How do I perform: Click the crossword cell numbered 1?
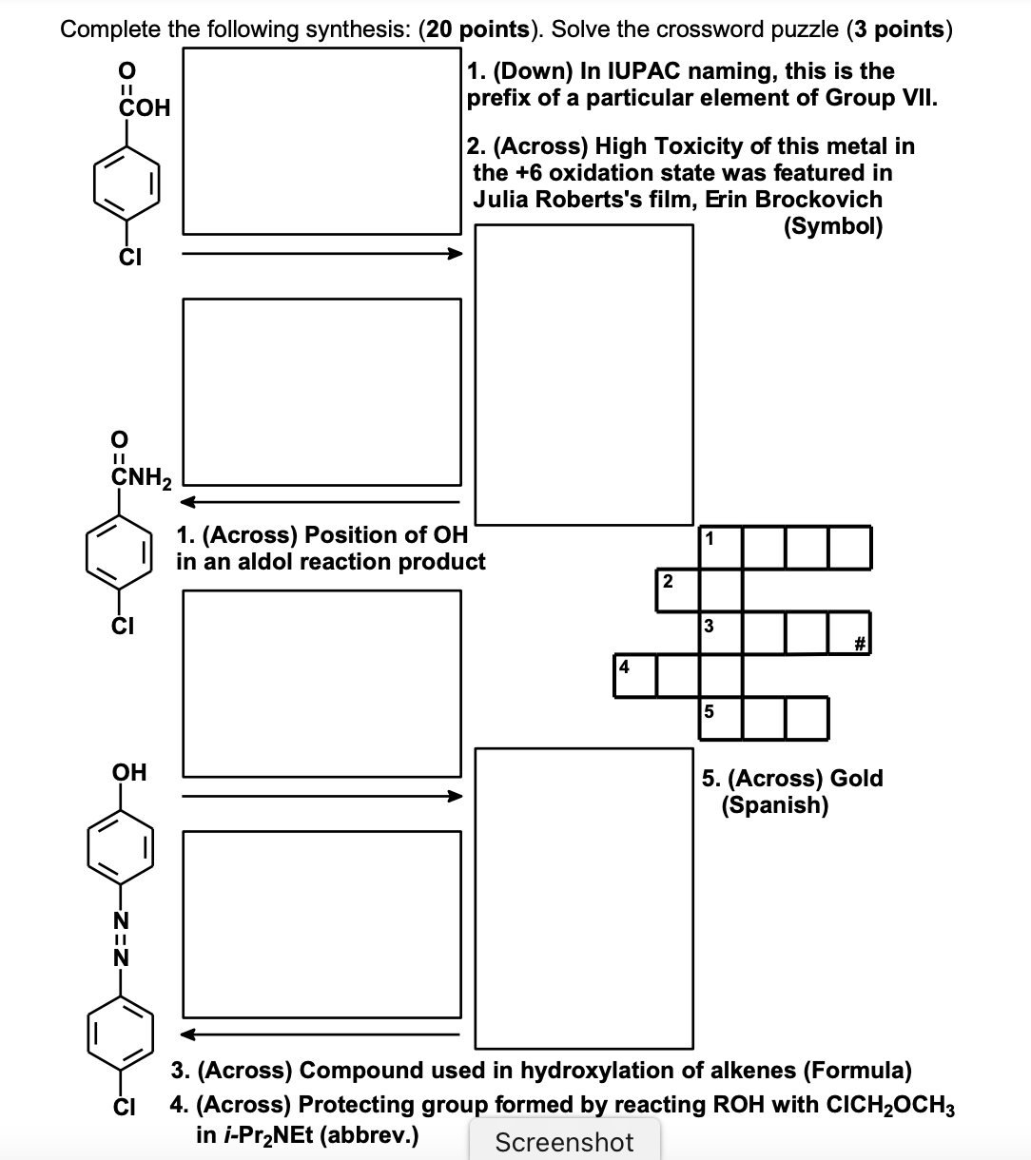[x=720, y=548]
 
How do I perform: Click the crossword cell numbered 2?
[x=677, y=590]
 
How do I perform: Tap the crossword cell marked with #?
[x=849, y=633]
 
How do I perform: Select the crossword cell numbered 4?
[x=634, y=676]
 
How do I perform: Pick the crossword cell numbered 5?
[x=720, y=719]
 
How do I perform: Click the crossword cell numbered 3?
[x=720, y=633]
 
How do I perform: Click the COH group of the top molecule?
[x=143, y=107]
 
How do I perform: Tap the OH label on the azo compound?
[x=129, y=771]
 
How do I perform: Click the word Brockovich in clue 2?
[x=818, y=200]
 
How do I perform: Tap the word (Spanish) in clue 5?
[x=774, y=805]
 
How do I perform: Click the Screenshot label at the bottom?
[x=564, y=1142]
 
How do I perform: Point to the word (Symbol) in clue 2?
[x=832, y=226]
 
